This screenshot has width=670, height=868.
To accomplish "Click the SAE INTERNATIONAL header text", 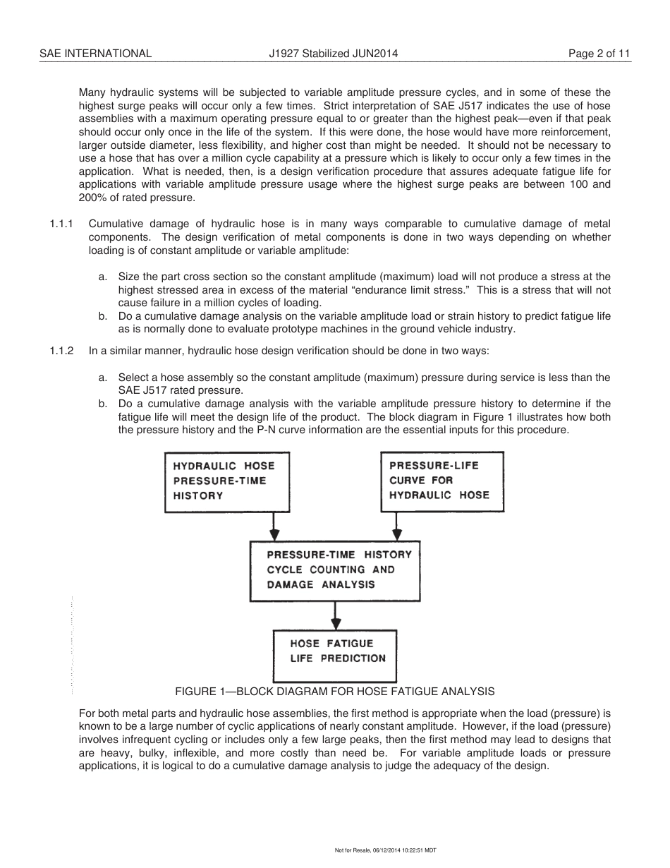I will [x=95, y=53].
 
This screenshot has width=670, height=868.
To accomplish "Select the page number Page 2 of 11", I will [x=599, y=53].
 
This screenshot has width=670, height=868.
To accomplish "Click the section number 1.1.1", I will [x=61, y=224].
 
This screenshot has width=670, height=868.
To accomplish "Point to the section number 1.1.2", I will [x=61, y=351].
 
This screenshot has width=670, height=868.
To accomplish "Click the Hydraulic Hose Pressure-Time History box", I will [x=226, y=481].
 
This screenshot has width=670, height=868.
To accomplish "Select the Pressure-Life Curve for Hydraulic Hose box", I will [x=442, y=481].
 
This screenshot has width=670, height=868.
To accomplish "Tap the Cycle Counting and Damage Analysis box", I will [x=339, y=570].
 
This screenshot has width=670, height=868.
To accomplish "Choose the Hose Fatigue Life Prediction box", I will [x=334, y=656].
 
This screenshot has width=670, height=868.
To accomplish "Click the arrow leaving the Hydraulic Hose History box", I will [x=274, y=526].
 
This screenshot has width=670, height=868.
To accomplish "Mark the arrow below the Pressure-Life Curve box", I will [x=397, y=526].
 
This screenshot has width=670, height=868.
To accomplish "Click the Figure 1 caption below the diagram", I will [x=335, y=692].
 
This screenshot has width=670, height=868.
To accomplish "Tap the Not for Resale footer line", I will [x=386, y=850].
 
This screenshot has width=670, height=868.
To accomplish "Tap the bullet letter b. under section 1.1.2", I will [x=103, y=404].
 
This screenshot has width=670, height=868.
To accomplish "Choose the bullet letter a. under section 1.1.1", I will [x=103, y=277].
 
